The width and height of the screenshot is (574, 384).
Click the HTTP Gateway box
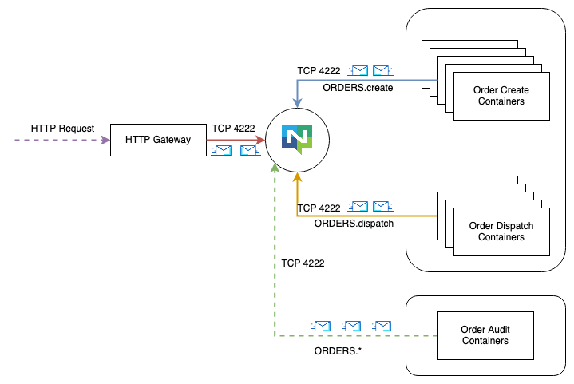(158, 140)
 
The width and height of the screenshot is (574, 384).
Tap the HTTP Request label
(62, 128)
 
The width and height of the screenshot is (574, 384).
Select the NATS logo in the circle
(297, 140)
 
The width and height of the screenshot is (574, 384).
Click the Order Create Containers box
(501, 96)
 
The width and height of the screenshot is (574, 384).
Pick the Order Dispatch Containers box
(501, 232)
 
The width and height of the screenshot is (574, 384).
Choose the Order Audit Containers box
(485, 335)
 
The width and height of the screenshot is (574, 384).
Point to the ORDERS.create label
(358, 88)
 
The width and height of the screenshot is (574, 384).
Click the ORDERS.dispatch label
(354, 224)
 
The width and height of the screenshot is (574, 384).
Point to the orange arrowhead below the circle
(297, 177)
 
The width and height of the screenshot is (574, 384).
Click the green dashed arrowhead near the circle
(275, 166)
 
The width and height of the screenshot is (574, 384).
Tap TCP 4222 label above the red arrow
(233, 128)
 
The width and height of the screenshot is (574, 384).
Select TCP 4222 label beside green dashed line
(303, 263)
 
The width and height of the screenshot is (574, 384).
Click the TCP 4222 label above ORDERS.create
(319, 71)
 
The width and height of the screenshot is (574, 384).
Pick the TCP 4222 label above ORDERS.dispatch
(319, 208)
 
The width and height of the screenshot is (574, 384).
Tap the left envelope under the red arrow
(220, 151)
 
